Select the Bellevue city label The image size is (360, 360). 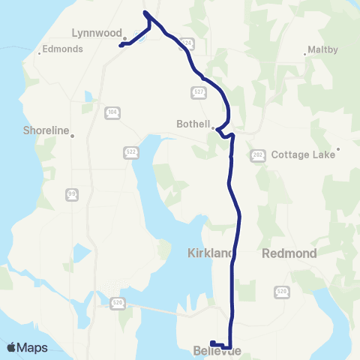217,351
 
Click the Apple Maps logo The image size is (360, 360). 27,347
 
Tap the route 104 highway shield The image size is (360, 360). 111,112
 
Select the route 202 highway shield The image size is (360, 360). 255,154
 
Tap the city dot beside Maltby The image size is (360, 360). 307,53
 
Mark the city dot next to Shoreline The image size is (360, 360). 73,135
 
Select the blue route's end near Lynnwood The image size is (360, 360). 121,44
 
